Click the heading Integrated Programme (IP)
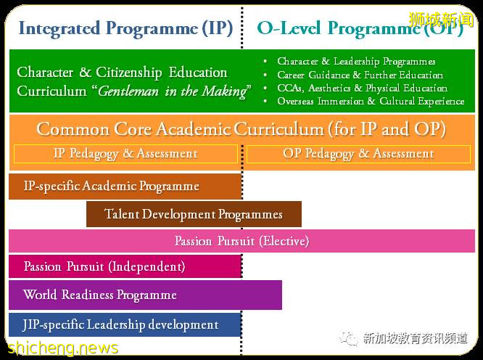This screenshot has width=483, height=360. tap(125, 28)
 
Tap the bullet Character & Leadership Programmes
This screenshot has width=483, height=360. tap(356, 62)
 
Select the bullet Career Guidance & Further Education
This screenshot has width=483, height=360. tap(360, 75)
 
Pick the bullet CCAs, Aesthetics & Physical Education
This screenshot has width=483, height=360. tap(362, 88)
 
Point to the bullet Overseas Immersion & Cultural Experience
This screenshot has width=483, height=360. tap(371, 101)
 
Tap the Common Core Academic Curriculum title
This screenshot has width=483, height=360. tap(241, 129)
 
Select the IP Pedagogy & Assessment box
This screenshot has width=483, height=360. tap(125, 154)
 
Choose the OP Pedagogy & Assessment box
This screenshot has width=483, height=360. tap(358, 154)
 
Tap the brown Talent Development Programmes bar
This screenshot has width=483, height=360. tap(194, 214)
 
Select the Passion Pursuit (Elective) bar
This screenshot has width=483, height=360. tap(241, 241)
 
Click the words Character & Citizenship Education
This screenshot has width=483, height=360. tap(122, 73)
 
